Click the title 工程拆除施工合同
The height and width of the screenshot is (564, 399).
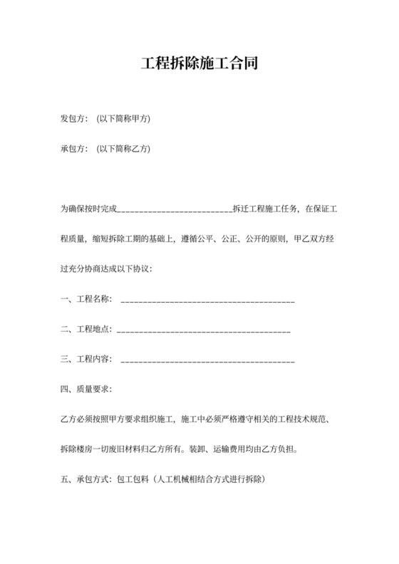coord(199,63)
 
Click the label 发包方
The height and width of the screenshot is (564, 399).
coord(73,119)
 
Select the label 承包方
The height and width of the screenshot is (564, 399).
coord(73,150)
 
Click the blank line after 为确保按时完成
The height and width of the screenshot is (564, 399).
coord(173,211)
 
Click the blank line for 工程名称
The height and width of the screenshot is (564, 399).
coord(208,303)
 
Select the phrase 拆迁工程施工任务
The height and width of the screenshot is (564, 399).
coord(265,209)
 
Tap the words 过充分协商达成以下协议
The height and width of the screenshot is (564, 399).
coord(106,269)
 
